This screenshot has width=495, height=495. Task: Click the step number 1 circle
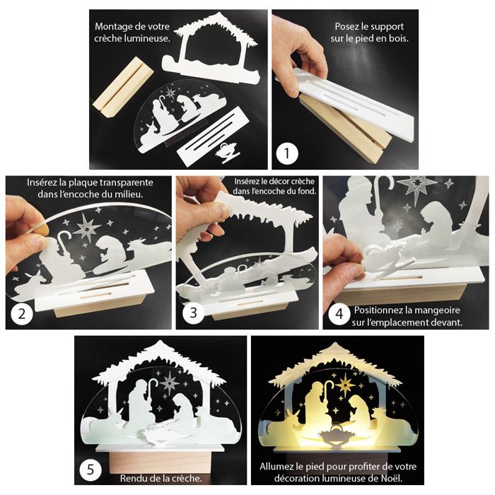[x=286, y=153]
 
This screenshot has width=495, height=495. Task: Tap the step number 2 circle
[x=22, y=314]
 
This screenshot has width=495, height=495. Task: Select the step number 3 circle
[x=193, y=313]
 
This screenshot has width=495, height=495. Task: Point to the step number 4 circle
[x=339, y=314]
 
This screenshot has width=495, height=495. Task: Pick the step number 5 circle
[x=91, y=470]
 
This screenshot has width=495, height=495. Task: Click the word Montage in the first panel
[x=112, y=27]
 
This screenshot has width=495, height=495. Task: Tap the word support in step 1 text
[x=388, y=27]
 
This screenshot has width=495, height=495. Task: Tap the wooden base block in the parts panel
[x=124, y=86]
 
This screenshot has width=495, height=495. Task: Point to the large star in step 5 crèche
[x=170, y=383]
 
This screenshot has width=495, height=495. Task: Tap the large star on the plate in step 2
[x=87, y=228]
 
